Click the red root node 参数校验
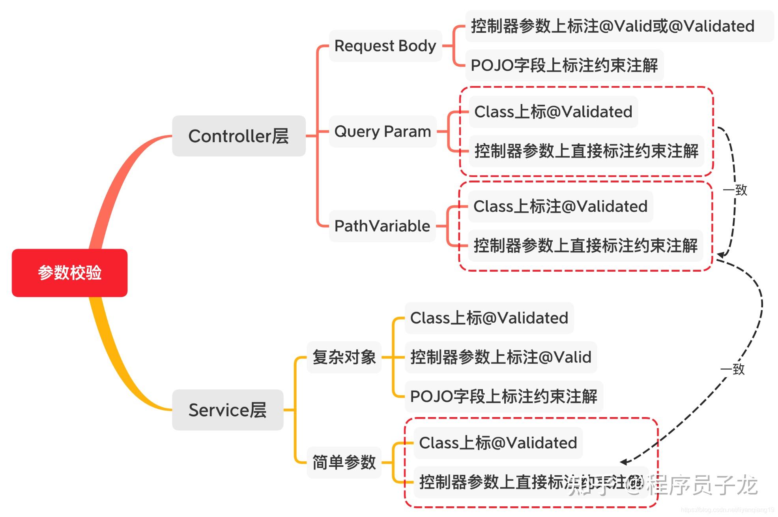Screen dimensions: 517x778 [x=69, y=273]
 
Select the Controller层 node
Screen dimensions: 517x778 [x=239, y=136]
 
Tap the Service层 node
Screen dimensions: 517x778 [x=228, y=410]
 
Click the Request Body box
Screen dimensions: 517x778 [x=385, y=46]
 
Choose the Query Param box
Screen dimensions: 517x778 [x=382, y=132]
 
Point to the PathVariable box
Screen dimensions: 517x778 [x=382, y=226]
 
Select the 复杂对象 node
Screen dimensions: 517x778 [x=344, y=357]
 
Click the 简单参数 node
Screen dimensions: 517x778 [x=344, y=462]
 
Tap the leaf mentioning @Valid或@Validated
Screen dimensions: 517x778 [x=613, y=26]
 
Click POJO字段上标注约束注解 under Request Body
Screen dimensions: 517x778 [x=564, y=66]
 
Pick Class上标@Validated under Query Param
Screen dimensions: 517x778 [x=553, y=112]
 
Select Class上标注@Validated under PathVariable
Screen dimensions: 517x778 [x=560, y=206]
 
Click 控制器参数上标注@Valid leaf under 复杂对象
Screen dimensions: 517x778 [x=501, y=357]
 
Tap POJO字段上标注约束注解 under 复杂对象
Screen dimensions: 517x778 [x=504, y=397]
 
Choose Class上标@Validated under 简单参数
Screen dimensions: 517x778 [x=498, y=443]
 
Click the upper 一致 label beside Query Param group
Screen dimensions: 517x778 [x=735, y=190]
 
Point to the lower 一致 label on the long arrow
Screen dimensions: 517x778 [x=733, y=369]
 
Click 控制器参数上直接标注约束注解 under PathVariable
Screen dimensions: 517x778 [x=585, y=246]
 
